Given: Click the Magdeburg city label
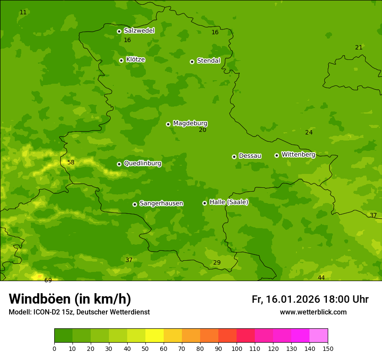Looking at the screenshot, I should point(190,124).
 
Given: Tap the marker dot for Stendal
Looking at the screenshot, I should point(192,62).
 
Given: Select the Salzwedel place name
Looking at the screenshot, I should point(139,31).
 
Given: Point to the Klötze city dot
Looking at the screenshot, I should point(121,60).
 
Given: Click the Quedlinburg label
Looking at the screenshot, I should point(142,164).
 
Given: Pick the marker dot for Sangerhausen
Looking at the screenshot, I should point(135,204).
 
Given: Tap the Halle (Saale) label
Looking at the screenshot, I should point(229,202).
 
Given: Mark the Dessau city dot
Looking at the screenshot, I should point(234,157).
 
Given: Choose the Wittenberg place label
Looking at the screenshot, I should point(298,154).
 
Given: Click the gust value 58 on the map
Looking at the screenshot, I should point(71,163).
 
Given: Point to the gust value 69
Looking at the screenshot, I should point(48,281).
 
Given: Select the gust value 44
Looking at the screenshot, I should point(321,278).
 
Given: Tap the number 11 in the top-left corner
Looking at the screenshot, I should point(23,13).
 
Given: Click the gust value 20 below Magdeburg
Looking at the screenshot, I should point(203,130).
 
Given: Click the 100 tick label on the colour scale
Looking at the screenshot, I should point(237,349).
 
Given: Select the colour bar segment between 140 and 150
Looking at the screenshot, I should point(319,336).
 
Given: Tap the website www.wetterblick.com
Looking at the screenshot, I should point(313,312).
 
